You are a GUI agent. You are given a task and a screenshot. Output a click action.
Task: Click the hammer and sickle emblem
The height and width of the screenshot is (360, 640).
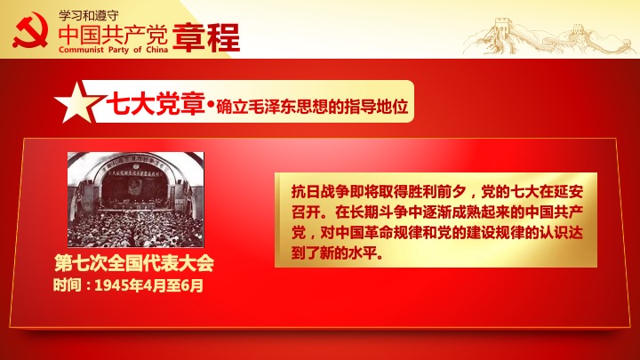30,30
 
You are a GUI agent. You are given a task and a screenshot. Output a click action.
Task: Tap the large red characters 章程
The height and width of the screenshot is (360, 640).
206,37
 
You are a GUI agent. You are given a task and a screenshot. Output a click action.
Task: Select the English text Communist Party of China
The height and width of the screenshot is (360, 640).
113,50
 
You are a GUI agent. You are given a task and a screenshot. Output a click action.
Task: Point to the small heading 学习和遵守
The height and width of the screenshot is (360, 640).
89,15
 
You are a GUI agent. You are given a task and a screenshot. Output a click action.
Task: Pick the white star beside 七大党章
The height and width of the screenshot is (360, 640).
76,102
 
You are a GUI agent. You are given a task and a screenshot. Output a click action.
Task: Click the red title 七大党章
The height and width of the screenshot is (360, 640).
155,104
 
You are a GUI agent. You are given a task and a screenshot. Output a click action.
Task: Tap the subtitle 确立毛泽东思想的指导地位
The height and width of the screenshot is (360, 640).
312,106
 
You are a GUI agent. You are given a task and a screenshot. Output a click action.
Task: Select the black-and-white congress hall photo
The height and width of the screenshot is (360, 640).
135,200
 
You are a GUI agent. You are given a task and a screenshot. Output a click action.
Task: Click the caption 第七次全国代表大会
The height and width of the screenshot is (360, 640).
134,263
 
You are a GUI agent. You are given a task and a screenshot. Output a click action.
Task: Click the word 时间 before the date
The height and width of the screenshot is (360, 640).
67,285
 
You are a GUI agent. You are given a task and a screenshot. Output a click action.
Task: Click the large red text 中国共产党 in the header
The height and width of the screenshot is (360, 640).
113,35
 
